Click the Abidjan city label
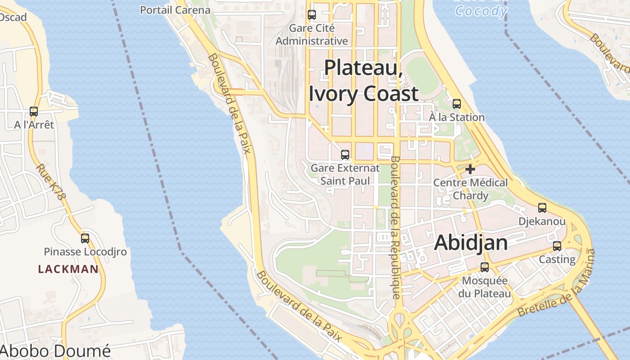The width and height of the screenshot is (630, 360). (471, 243)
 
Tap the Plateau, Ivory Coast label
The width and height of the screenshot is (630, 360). (364, 81)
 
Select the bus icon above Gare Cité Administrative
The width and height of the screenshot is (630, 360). (312, 14)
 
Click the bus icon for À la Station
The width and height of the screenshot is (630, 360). (457, 104)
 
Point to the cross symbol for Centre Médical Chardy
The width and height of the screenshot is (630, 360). (470, 169)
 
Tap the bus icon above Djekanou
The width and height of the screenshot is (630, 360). (542, 208)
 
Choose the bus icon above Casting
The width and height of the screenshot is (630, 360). (557, 246)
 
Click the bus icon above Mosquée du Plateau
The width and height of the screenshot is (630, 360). (485, 267)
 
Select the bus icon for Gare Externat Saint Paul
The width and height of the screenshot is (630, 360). (345, 155)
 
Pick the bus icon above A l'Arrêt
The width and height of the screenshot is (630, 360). (34, 112)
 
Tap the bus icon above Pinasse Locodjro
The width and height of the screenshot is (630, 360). (85, 238)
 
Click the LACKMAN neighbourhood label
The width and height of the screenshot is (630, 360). (68, 270)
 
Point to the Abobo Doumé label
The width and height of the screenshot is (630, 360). (55, 351)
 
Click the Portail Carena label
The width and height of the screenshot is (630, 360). (175, 10)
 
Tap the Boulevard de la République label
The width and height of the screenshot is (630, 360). (396, 227)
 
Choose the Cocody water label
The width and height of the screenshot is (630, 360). (481, 11)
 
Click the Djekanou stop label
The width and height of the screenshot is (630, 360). (542, 221)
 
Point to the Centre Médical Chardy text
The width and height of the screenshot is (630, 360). (470, 189)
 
